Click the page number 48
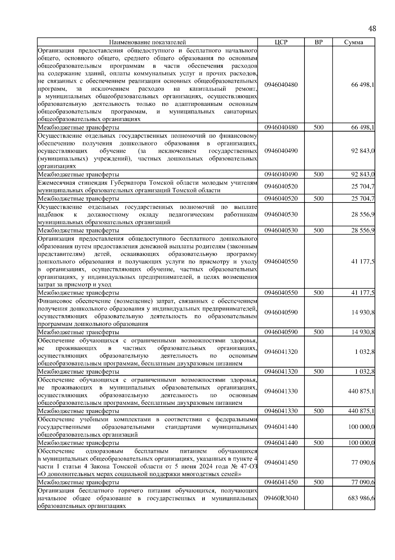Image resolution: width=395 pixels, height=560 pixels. pyautogui.click(x=372, y=29)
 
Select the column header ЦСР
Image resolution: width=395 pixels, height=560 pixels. pyautogui.click(x=281, y=42)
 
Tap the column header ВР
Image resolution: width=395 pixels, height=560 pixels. pyautogui.click(x=318, y=42)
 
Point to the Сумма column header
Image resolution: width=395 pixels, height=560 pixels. pyautogui.click(x=354, y=42)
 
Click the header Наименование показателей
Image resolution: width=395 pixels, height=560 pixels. pyautogui.click(x=147, y=42)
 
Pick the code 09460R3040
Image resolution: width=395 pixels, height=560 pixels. pyautogui.click(x=281, y=498)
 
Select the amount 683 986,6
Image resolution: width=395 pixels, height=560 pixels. pyautogui.click(x=361, y=498)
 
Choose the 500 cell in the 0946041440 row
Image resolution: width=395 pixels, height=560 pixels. pyautogui.click(x=318, y=443)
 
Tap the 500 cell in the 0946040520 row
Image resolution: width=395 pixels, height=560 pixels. pyautogui.click(x=318, y=199)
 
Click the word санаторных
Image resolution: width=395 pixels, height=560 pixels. pyautogui.click(x=240, y=111)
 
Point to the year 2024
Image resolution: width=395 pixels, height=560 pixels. pyautogui.click(x=210, y=466)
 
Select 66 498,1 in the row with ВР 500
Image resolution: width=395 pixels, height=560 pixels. pyautogui.click(x=362, y=127)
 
